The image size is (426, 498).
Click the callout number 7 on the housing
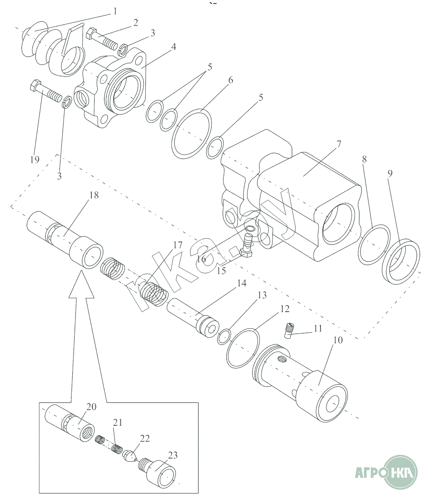coord(338,145)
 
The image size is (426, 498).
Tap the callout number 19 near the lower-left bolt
coord(34,159)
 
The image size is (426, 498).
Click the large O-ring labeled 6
coord(192,134)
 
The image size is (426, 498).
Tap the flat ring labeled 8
coord(374,244)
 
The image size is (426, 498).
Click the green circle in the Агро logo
coord(400,471)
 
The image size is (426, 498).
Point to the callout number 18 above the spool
coord(94,195)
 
